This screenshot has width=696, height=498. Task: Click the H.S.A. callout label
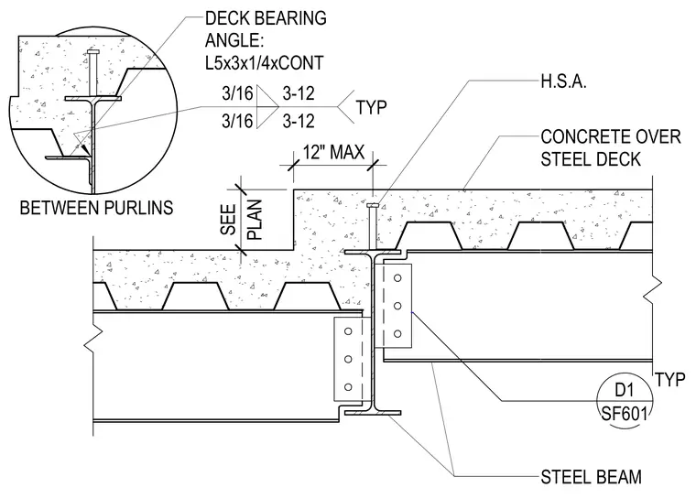pyautogui.click(x=563, y=81)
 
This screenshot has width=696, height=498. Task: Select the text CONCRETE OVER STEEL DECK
pyautogui.click(x=610, y=148)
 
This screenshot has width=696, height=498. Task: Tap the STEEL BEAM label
pyautogui.click(x=591, y=477)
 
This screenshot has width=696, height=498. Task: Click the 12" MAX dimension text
pyautogui.click(x=333, y=152)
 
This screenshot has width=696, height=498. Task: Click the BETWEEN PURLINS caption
pyautogui.click(x=96, y=208)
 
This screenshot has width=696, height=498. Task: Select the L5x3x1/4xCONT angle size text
pyautogui.click(x=264, y=62)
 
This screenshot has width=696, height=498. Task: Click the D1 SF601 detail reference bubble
pyautogui.click(x=624, y=401)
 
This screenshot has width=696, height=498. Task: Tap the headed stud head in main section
pyautogui.click(x=373, y=205)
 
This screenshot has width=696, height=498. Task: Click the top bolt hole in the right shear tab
pyautogui.click(x=397, y=278)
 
